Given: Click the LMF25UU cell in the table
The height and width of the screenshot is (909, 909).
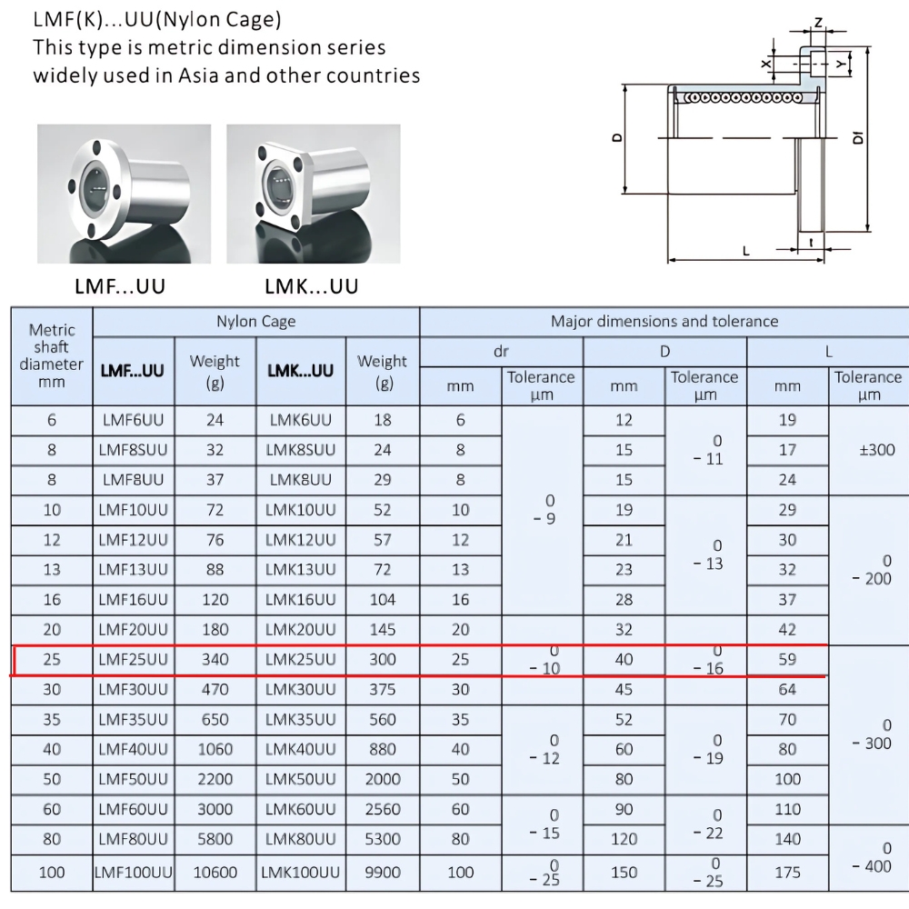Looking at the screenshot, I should (134, 660).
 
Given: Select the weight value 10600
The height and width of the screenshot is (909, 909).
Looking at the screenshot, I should (215, 872).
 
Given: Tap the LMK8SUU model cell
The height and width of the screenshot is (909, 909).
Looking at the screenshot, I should (300, 450).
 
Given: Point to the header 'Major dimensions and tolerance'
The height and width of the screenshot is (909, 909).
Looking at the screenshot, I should (664, 321).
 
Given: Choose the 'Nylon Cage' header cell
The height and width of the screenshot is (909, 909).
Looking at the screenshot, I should (256, 321).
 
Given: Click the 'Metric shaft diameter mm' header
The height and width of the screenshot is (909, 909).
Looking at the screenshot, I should (52, 355).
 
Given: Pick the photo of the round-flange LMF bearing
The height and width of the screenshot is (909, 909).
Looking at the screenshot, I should (124, 193).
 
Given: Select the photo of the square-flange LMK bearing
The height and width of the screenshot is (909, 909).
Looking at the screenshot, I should (313, 193).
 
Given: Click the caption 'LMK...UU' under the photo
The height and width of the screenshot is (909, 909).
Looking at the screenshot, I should (312, 287).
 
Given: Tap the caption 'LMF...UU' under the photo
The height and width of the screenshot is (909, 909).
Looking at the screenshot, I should (120, 287).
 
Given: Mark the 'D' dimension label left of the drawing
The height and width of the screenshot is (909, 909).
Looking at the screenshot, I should (617, 138).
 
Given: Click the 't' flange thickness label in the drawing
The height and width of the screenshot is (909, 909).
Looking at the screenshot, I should (810, 242).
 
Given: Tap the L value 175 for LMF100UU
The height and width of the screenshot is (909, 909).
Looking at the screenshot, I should (787, 872).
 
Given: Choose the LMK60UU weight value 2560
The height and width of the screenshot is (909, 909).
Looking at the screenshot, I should (383, 809).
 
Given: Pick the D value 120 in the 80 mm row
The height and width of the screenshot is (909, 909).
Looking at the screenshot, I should (624, 839).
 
